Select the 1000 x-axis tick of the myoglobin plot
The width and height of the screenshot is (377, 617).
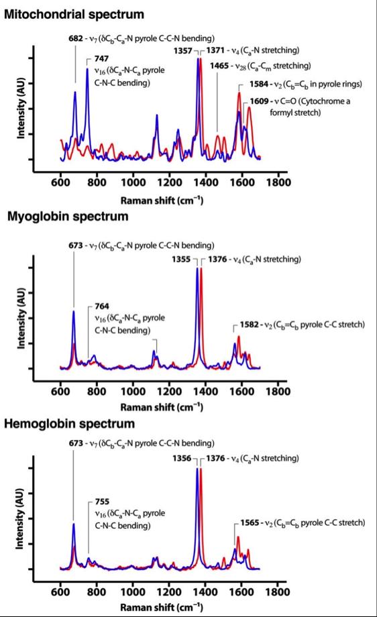pos(133,389)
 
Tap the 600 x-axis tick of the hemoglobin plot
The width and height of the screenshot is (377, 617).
pos(60,592)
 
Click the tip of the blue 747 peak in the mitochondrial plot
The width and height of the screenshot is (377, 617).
pos(87,68)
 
